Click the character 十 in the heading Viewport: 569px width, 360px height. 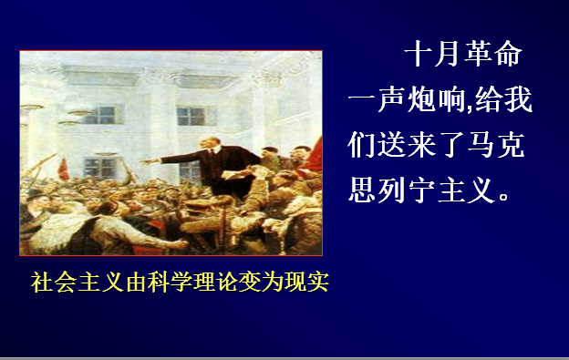point(419,53)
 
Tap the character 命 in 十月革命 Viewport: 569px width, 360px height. point(509,53)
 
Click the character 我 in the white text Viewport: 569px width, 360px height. point(518,99)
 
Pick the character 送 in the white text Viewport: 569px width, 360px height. point(391,144)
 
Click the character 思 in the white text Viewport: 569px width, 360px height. point(362,190)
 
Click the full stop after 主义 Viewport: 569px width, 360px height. point(504,197)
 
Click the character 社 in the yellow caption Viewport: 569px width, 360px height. point(42,282)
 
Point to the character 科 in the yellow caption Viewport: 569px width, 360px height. point(159,282)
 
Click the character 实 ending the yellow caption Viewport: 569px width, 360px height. point(318,282)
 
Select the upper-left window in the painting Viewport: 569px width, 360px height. point(105,115)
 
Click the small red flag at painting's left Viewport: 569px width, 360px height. point(64,170)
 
